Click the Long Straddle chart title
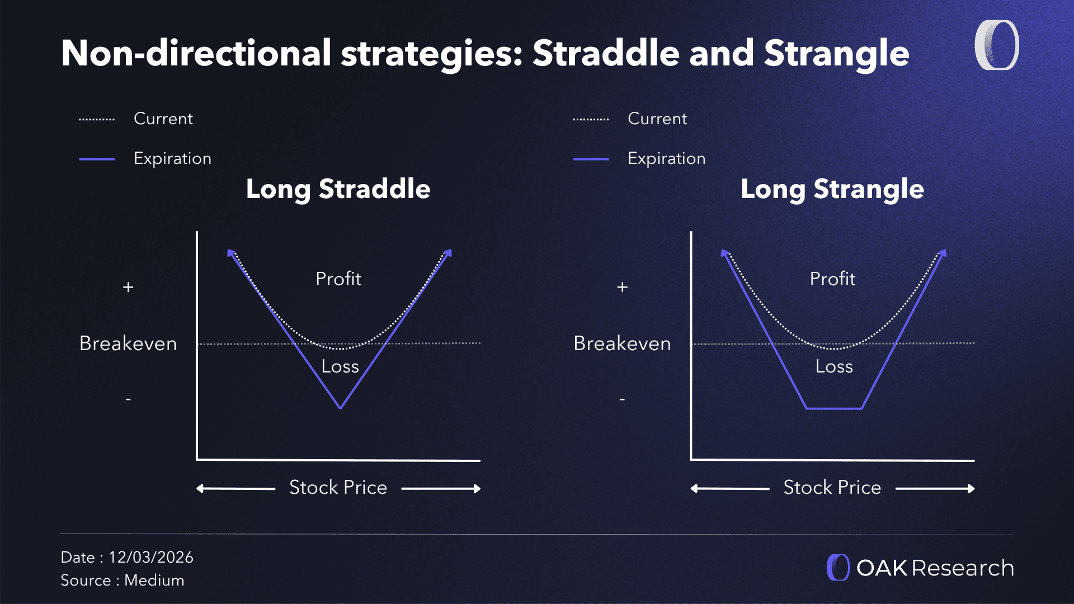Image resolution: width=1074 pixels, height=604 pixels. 338,189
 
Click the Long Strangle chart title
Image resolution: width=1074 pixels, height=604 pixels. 832,189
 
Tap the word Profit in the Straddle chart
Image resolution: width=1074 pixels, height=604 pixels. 338,279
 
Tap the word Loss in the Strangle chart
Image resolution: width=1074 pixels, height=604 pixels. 834,366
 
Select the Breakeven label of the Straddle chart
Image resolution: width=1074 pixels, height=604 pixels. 128,343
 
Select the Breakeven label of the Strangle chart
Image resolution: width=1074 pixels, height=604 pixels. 622,343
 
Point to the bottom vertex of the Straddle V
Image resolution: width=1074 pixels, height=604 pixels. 340,408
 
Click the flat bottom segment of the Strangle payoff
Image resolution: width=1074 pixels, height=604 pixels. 834,408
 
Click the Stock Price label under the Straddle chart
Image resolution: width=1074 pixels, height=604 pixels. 338,488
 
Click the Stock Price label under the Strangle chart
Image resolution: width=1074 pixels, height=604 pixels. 832,488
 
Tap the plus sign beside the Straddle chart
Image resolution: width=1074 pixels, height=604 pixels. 128,287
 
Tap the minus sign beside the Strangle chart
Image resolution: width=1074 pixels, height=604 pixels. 622,399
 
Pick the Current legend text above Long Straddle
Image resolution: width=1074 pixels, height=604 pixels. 163,119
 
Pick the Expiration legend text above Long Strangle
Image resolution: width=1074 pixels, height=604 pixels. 667,158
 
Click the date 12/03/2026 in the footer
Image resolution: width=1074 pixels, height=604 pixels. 151,557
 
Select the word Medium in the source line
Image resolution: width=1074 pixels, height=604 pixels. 154,580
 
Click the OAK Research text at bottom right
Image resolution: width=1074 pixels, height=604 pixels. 935,568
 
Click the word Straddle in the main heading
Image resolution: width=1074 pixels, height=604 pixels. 606,53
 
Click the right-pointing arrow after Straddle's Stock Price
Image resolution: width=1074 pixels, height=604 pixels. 441,489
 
